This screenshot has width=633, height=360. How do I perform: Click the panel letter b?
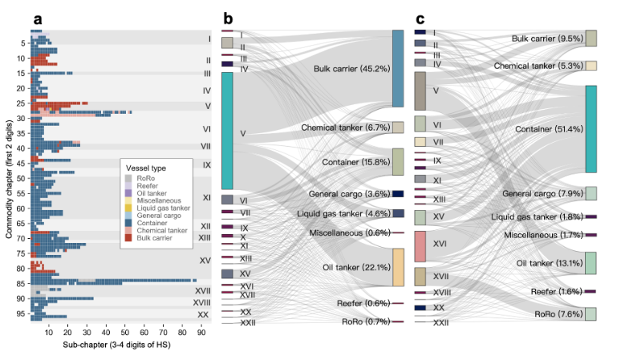pos(229,18)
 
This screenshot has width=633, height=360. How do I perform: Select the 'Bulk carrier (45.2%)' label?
pos(351,69)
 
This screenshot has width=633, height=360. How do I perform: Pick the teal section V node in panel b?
pos(227,131)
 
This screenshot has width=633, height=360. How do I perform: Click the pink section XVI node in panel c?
pos(420,246)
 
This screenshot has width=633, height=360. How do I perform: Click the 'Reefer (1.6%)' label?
pos(554,291)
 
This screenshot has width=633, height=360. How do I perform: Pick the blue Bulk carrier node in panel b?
pos(397,69)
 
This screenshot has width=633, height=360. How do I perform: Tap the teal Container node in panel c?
pos(590,129)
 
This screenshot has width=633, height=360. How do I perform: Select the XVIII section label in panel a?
pos(201,302)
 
